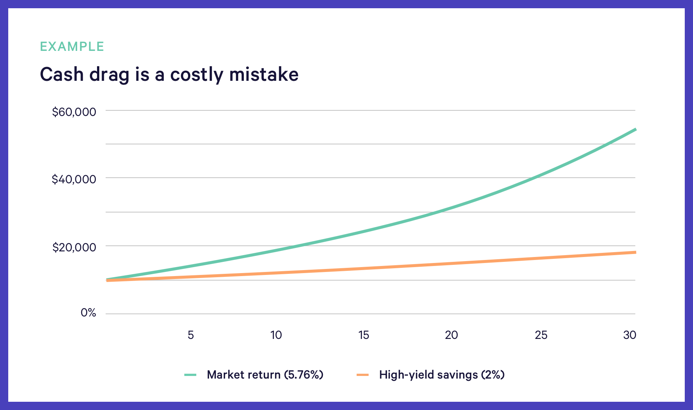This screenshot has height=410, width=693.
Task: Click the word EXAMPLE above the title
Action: point(72,46)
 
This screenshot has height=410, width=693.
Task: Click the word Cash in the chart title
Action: point(62,74)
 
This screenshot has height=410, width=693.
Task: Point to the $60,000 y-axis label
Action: point(74,112)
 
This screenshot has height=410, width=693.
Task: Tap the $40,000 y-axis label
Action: point(74,180)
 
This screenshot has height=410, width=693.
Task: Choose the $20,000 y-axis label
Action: point(74,247)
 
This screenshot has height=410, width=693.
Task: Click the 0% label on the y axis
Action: point(88,312)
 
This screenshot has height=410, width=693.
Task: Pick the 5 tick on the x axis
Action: point(191,335)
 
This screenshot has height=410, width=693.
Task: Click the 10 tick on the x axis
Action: point(276,335)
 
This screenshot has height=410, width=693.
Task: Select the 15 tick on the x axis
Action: point(364,335)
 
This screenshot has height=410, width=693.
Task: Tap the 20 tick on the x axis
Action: point(451,335)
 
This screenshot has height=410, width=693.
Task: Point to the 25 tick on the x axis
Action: point(541,335)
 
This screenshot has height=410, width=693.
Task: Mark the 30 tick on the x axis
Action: point(630,335)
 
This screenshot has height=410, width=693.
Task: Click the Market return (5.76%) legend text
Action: point(265,374)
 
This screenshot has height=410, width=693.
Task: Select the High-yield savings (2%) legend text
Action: point(442,374)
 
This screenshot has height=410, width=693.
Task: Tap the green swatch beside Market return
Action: point(190,375)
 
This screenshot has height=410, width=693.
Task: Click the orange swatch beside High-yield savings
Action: point(363,375)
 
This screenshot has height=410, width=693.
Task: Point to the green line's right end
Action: point(635,129)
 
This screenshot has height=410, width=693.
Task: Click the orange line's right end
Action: point(635,253)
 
